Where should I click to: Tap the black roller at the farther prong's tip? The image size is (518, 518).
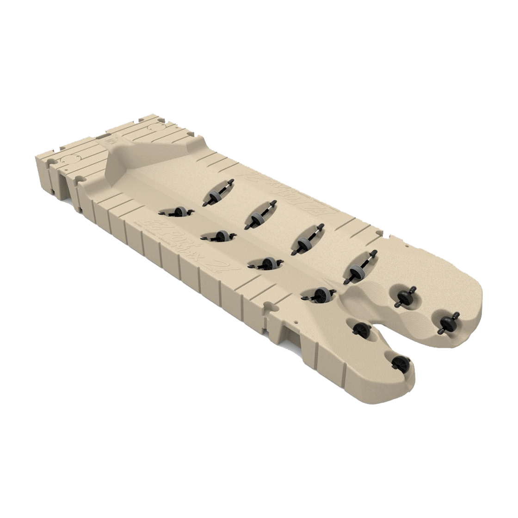447,321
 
